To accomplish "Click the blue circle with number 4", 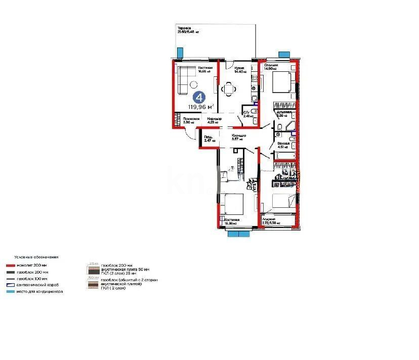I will pos(198,97).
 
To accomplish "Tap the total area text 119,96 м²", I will pos(201,107).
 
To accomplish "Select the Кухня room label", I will pos(240,68).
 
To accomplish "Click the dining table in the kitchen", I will pos(230,89).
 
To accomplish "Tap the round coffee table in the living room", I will pos(193,85).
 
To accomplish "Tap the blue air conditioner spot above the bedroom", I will pos(285,53).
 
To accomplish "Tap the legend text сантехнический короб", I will pos(37,285).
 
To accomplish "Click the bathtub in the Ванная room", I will pos(284,155).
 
